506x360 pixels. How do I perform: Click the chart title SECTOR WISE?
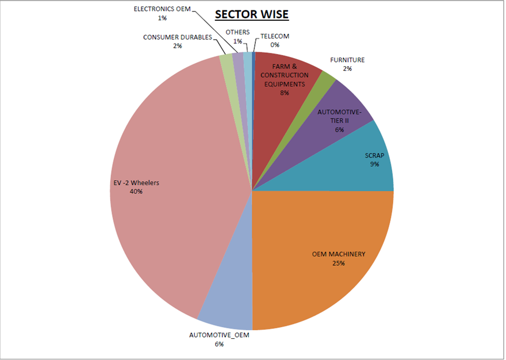click(x=251, y=14)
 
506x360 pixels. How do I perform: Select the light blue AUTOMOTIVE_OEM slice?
click(x=227, y=305)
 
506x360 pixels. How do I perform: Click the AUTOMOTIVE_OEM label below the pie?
click(x=219, y=335)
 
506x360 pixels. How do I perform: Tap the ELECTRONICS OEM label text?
click(x=162, y=9)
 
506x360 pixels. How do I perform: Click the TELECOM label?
click(x=275, y=36)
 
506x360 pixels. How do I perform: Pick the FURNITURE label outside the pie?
click(x=347, y=60)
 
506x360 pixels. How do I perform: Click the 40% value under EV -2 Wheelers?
click(x=136, y=192)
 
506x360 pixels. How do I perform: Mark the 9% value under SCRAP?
click(x=374, y=164)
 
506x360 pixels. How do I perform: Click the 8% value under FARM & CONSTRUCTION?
click(x=285, y=93)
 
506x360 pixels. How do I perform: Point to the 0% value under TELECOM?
click(x=275, y=45)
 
